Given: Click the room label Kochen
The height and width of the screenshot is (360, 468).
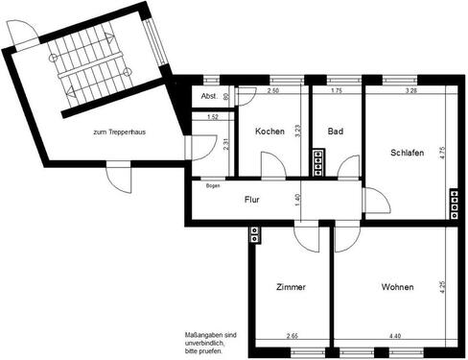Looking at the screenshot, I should [269, 132].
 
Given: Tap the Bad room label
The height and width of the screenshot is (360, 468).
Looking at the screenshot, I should [335, 132].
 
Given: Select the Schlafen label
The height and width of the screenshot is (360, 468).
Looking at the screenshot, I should [408, 153].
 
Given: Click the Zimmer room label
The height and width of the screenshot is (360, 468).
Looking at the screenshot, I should [290, 286].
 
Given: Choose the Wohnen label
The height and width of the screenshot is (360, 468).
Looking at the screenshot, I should [397, 286].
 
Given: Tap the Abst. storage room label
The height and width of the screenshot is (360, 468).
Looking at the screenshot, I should [208, 97].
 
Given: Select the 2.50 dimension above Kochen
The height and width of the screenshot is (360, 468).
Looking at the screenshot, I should [272, 91].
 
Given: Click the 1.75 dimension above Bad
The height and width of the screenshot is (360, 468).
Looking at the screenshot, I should [336, 91].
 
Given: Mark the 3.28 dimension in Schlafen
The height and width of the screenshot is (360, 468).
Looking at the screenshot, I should [411, 91].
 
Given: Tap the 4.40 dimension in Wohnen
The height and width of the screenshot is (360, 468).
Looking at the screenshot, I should [396, 335].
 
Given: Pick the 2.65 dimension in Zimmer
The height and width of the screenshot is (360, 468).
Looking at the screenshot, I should [292, 335].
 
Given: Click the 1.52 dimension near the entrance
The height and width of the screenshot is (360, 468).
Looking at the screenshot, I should [213, 117].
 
